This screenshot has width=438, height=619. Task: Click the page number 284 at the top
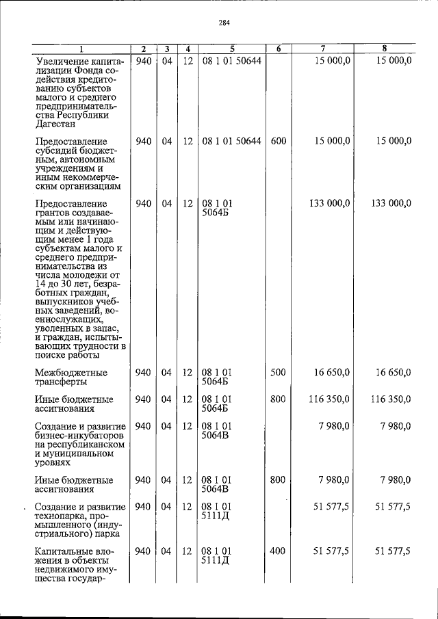coord(224,22)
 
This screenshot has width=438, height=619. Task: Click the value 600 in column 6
coord(278,141)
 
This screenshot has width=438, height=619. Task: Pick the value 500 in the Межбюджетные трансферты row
coord(278,373)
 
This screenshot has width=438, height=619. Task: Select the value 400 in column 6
coord(278,551)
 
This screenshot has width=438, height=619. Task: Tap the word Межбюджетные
coord(72,373)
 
